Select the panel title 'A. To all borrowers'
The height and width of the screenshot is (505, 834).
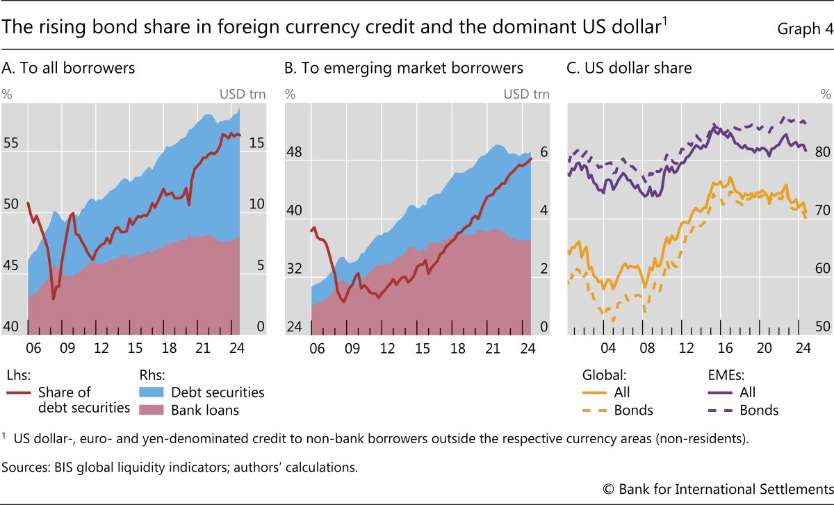[69, 68]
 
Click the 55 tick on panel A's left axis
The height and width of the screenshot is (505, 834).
[13, 144]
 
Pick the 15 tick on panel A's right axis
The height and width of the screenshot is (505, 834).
[256, 144]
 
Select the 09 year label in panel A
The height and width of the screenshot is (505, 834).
[65, 348]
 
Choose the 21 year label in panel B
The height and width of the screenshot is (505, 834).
[491, 348]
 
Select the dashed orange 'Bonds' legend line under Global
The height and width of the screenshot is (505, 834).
[595, 410]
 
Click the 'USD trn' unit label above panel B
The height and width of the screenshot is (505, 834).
[526, 94]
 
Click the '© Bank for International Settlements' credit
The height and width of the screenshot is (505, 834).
[719, 489]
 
